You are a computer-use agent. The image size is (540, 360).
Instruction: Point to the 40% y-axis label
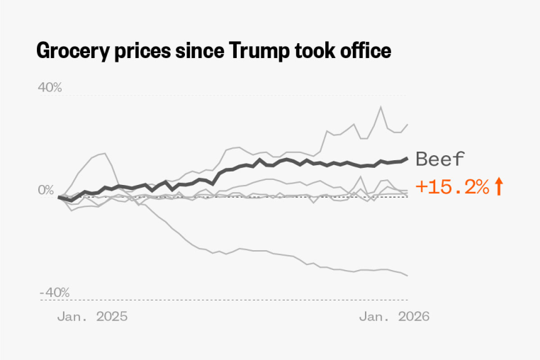coord(50,87)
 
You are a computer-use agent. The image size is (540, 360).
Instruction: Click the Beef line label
coord(440,159)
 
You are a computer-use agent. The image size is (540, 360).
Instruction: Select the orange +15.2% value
coord(452,187)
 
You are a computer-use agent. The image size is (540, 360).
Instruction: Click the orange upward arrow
coord(499,187)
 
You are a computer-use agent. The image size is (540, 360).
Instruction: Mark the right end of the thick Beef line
coord(407,158)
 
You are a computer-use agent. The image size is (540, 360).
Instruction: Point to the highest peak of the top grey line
coord(381,107)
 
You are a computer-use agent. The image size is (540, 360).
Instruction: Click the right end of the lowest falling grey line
coord(407,276)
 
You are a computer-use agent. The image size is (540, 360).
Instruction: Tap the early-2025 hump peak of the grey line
coord(106,152)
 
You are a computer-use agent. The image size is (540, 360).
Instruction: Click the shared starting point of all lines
coord(59,197)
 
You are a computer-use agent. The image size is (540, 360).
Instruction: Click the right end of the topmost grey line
coord(407,124)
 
